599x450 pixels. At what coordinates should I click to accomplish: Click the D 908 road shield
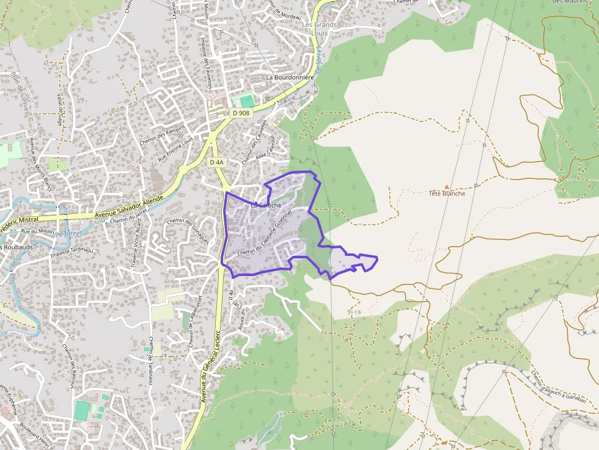[x=241, y=113]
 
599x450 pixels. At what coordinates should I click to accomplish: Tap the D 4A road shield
[x=216, y=162]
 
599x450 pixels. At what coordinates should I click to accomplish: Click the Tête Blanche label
[x=447, y=194]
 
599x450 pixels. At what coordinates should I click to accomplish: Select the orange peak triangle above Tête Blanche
[x=447, y=186]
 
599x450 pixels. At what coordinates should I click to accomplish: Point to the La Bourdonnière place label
[x=290, y=78]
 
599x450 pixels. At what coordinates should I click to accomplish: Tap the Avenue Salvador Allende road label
[x=129, y=208]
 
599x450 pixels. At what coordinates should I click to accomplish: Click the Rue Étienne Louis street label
[x=175, y=148]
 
